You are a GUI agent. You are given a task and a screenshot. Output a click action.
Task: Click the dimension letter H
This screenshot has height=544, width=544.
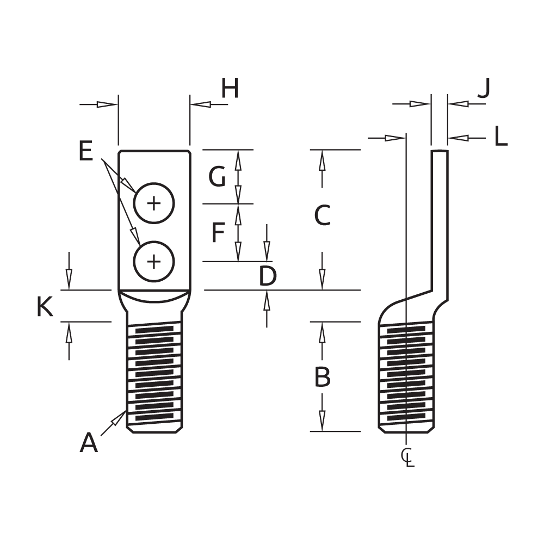(x=230, y=88)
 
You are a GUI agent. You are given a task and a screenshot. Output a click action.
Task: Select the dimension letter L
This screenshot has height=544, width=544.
(x=500, y=137)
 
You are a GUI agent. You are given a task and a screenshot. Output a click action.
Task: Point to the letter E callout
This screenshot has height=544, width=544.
(x=86, y=151)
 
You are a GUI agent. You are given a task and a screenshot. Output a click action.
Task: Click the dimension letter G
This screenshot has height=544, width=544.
(x=217, y=177)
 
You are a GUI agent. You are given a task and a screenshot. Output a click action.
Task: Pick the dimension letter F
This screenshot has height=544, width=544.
(x=218, y=232)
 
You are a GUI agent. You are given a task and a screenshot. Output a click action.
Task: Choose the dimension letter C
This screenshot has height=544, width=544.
(x=322, y=215)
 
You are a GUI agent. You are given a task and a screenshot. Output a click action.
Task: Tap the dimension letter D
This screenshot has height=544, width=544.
(x=268, y=276)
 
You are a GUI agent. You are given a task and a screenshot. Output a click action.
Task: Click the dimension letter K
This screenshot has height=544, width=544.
(x=45, y=307)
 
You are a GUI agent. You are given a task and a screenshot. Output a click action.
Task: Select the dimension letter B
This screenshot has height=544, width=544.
(x=322, y=377)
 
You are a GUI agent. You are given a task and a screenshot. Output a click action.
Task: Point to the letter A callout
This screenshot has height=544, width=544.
(x=89, y=443)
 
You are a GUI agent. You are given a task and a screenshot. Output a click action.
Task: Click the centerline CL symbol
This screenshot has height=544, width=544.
(x=408, y=458)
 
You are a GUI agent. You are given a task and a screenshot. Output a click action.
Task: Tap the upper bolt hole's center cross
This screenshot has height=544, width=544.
(x=154, y=203)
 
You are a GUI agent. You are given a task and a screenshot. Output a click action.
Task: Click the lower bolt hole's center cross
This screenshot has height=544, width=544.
(x=154, y=261)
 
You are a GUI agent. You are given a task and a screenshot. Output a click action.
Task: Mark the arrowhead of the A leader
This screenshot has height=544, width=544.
(x=119, y=418)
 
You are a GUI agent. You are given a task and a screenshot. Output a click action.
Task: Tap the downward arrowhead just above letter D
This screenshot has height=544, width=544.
(x=267, y=251)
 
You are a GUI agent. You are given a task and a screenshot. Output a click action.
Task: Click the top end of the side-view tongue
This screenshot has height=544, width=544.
(x=440, y=151)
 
